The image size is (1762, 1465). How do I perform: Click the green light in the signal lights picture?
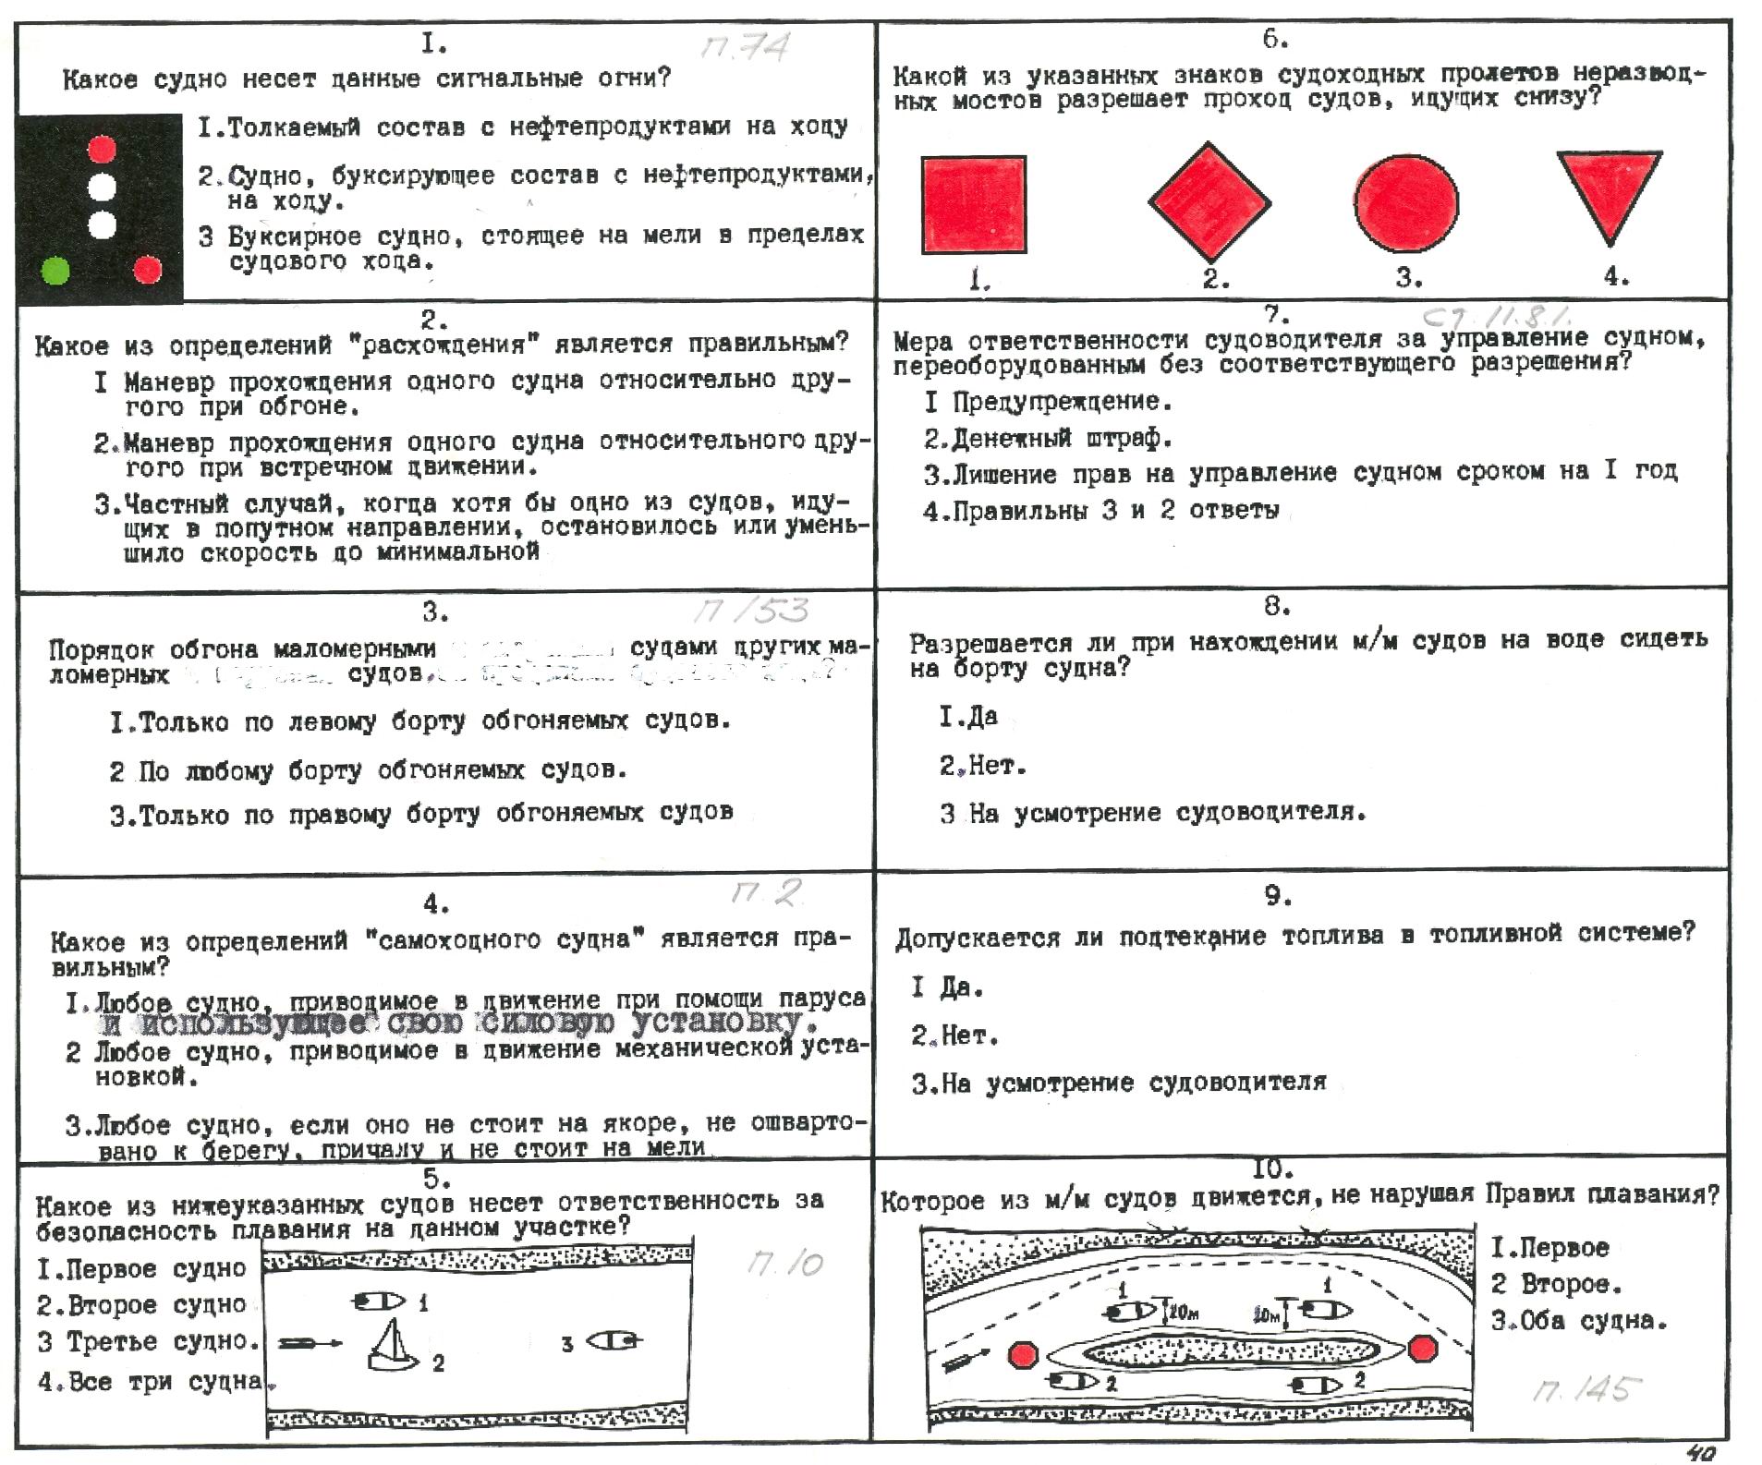(x=56, y=271)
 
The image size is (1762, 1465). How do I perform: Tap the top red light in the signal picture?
(x=102, y=149)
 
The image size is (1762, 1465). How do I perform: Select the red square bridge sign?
(x=974, y=204)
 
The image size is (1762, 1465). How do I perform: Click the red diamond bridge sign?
(x=1209, y=201)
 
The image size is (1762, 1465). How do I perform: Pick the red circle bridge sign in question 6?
(x=1406, y=202)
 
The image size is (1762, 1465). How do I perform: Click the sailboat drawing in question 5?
(x=394, y=1344)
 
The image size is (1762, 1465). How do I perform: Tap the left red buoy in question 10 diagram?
(x=1022, y=1355)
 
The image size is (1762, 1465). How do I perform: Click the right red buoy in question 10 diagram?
(x=1423, y=1350)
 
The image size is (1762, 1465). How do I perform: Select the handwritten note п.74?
(x=745, y=47)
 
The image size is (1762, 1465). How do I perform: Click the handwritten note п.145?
(x=1586, y=1389)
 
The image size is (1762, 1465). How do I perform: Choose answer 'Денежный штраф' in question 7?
(x=1048, y=438)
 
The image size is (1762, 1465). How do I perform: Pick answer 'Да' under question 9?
(x=947, y=987)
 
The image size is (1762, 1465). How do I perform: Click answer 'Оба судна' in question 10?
(x=1579, y=1321)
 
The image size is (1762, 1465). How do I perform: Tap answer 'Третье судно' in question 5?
(x=148, y=1341)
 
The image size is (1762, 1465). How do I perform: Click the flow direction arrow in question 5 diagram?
(x=310, y=1343)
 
